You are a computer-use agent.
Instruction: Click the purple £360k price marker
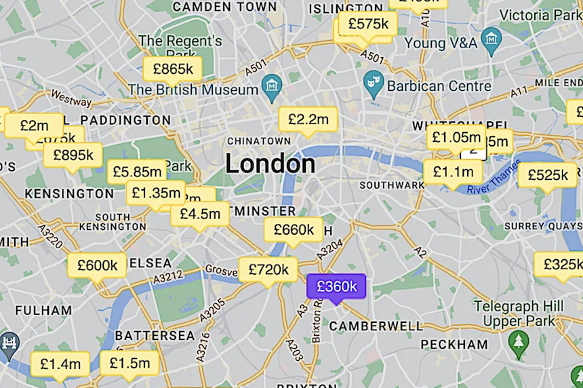336,286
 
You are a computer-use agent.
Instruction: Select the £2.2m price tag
308,119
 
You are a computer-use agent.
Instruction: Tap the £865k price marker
172,69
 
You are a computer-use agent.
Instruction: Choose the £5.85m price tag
136,172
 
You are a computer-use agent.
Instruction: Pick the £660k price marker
294,230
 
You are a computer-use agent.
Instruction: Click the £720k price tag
268,269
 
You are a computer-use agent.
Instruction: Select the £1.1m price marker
453,172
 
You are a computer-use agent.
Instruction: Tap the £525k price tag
548,175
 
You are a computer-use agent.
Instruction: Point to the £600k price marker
97,265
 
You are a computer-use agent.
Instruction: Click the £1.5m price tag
129,363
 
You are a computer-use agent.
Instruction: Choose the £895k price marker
73,155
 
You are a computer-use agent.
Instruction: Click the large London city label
270,163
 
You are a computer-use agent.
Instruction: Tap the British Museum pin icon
272,85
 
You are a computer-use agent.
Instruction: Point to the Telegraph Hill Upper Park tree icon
519,338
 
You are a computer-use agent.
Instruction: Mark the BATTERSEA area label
155,335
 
